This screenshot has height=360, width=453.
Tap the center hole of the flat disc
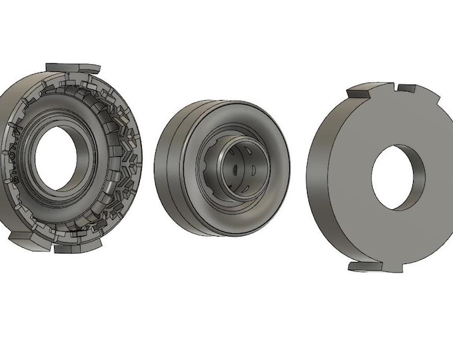coord(397,175)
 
